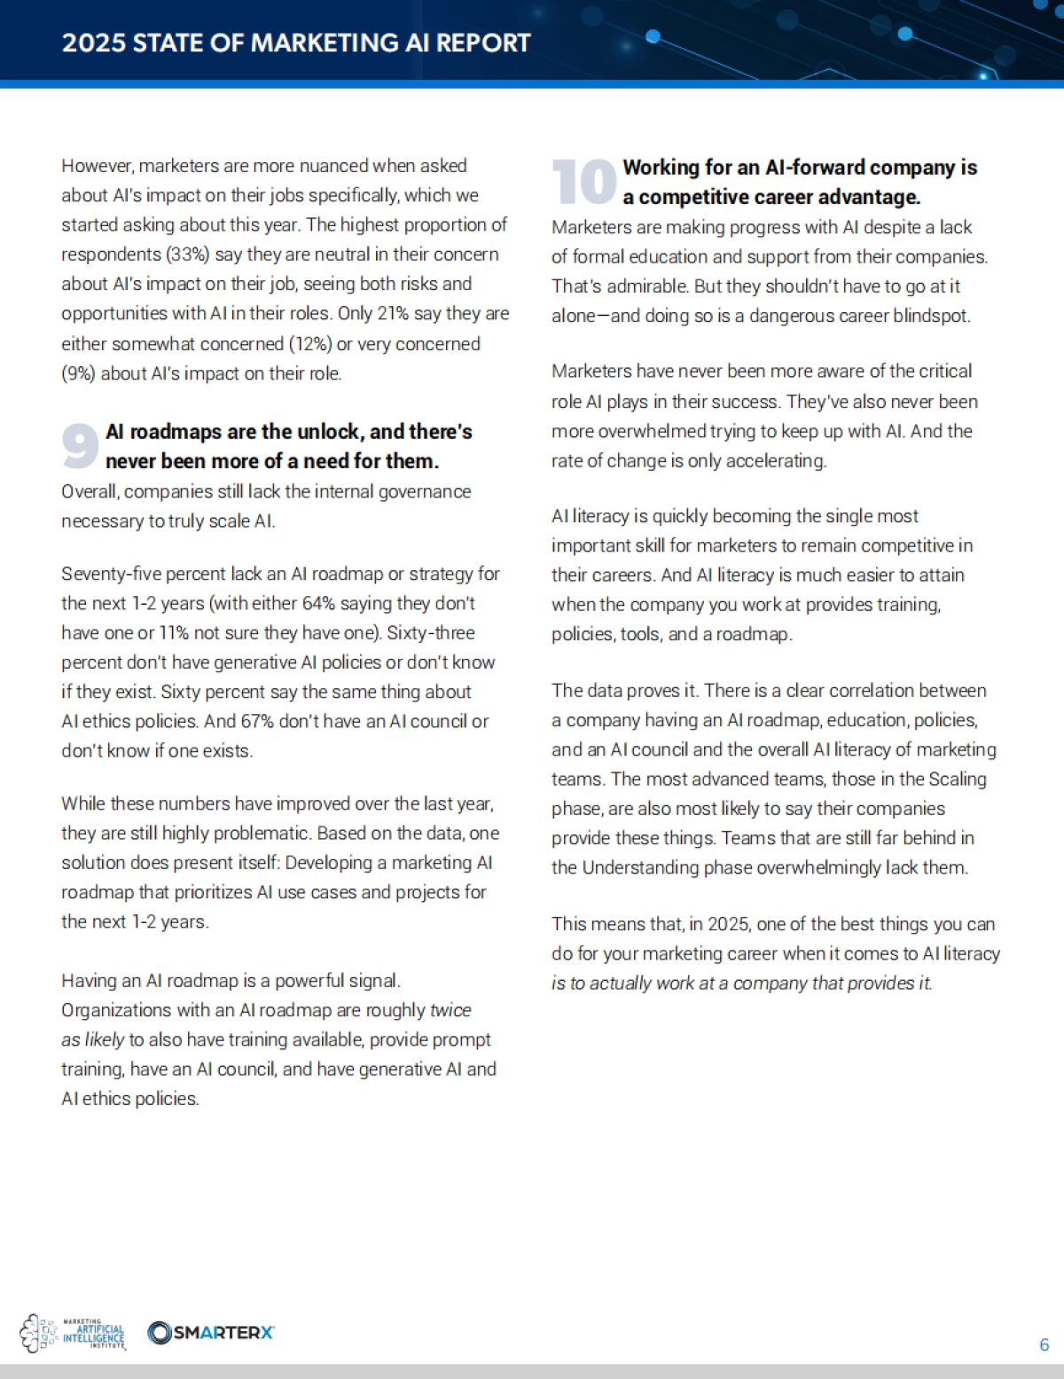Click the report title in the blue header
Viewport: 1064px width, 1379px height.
click(x=296, y=43)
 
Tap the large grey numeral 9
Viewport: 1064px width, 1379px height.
click(x=80, y=446)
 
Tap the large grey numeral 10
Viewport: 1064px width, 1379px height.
click(x=583, y=182)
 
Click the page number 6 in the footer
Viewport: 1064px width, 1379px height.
click(x=1044, y=1344)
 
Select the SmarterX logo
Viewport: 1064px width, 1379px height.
click(x=211, y=1332)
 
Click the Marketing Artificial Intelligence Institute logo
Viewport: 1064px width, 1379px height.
click(x=74, y=1333)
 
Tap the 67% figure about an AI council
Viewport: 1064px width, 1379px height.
click(x=257, y=722)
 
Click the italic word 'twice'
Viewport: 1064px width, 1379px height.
click(x=450, y=1010)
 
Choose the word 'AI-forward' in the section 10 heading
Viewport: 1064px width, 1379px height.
click(x=815, y=168)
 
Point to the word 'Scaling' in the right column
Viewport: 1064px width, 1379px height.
click(x=957, y=780)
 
